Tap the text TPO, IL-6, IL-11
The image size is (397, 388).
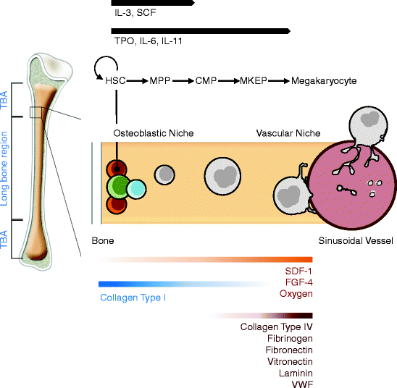pos(147,41)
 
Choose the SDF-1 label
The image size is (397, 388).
pos(298,271)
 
